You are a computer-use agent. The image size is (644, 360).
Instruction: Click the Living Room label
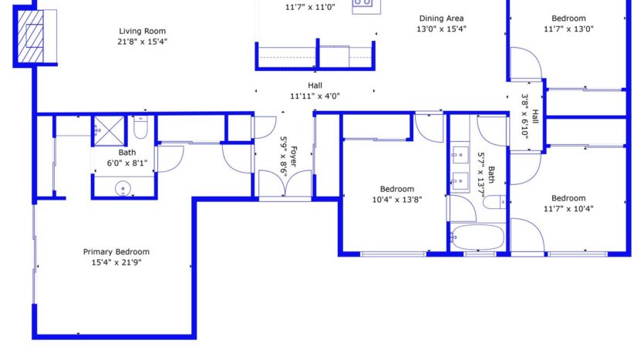pyautogui.click(x=143, y=31)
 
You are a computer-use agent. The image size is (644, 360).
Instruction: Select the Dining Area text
pyautogui.click(x=442, y=19)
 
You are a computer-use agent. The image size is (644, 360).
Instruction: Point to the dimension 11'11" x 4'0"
pyautogui.click(x=315, y=96)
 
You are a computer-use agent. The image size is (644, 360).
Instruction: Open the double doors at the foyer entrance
pyautogui.click(x=285, y=185)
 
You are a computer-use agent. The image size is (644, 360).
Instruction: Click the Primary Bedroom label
pyautogui.click(x=116, y=252)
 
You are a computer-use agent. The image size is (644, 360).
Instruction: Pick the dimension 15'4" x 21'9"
pyautogui.click(x=116, y=263)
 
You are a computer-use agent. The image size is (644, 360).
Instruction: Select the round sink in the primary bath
pyautogui.click(x=123, y=187)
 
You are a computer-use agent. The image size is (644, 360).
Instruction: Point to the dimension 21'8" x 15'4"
pyautogui.click(x=143, y=41)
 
